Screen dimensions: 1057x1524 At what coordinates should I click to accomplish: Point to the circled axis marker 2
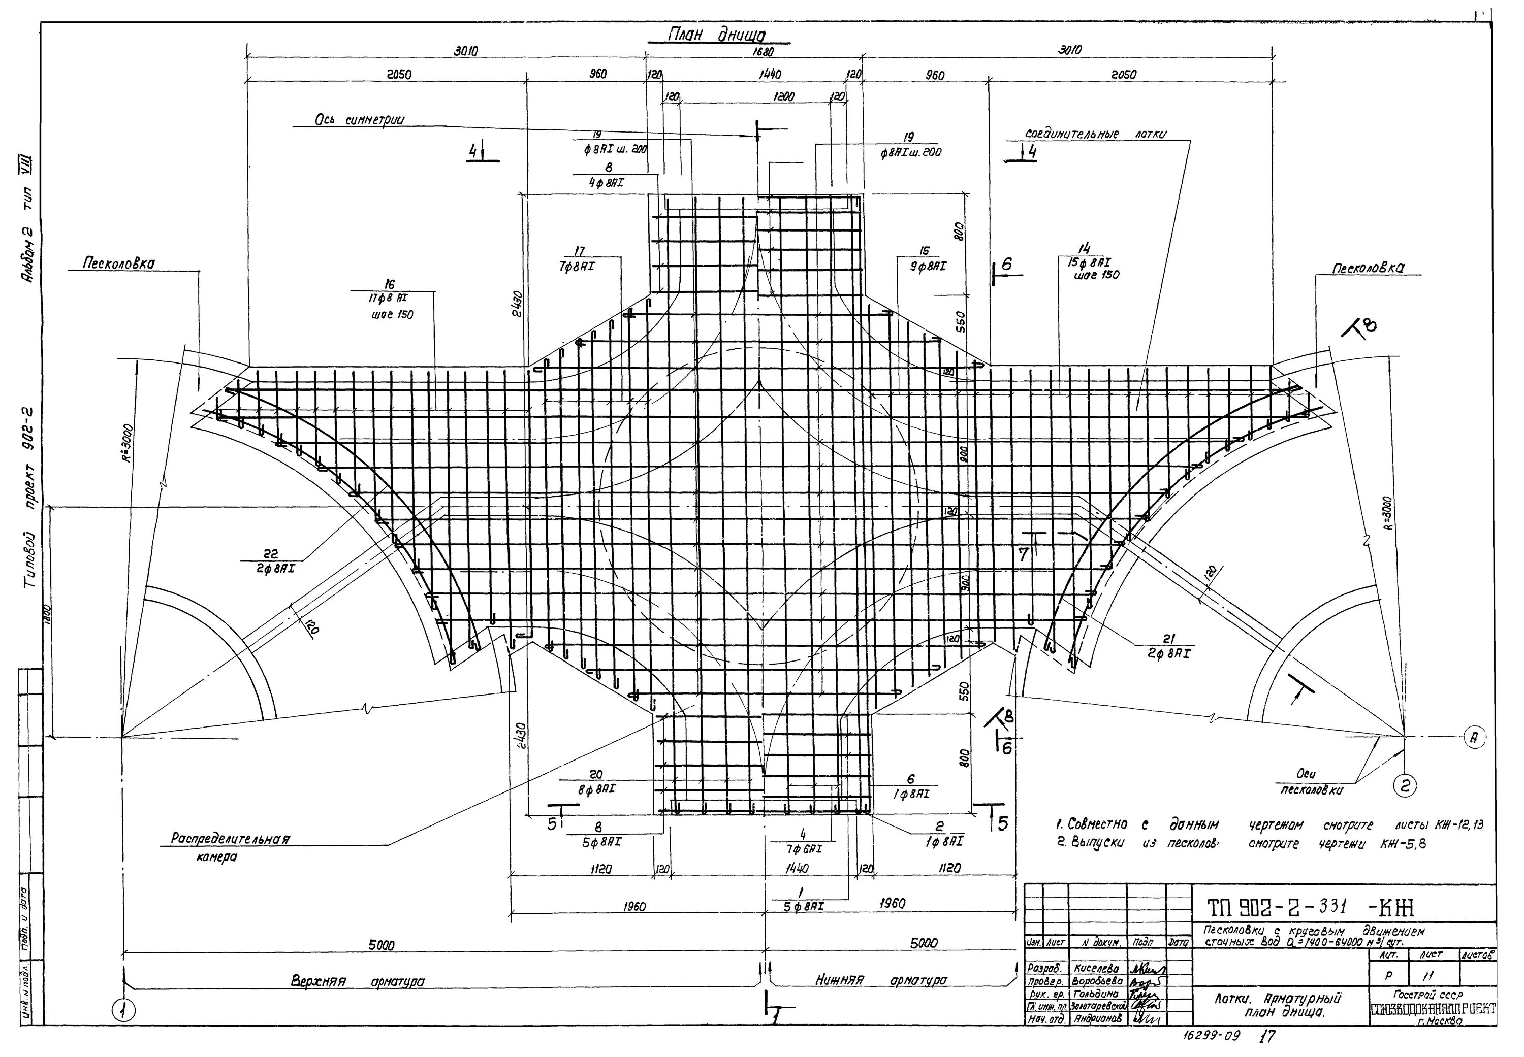pos(1404,785)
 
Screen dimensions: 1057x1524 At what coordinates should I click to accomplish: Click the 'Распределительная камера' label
pos(230,846)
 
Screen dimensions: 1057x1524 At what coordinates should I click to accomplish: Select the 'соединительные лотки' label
pos(1095,135)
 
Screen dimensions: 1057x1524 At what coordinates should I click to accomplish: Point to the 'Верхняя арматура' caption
pos(357,981)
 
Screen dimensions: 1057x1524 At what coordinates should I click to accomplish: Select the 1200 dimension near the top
pos(784,96)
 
